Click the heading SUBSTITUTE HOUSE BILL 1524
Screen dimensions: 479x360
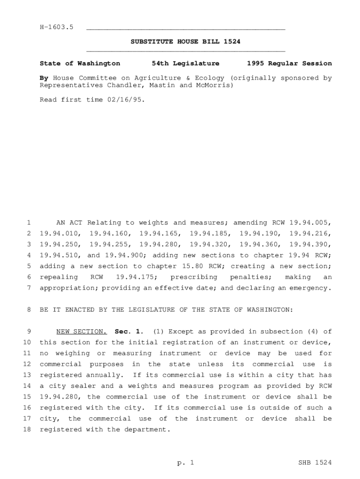pos(186,42)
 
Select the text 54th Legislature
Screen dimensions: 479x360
pos(186,63)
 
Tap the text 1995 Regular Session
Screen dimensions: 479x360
pos(289,63)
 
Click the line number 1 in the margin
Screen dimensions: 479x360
pos(29,223)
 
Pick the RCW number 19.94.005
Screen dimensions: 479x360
pos(310,223)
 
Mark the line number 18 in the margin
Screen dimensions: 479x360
pos(27,429)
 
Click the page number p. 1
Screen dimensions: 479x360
pos(185,463)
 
